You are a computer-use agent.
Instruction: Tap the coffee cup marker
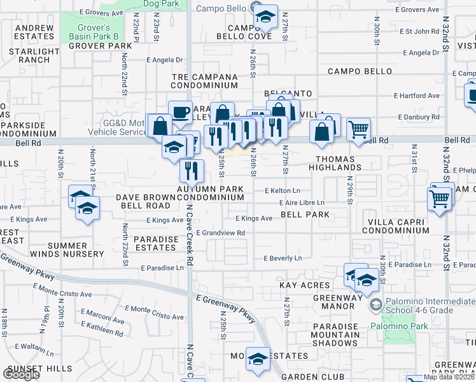coord(180,113)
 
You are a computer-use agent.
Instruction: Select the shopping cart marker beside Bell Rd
coord(359,129)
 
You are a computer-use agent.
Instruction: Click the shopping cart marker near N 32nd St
coord(440,198)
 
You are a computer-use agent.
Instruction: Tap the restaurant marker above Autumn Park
coord(190,170)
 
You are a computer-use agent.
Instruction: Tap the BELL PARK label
coord(305,215)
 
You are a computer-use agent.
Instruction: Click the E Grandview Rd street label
coord(221,233)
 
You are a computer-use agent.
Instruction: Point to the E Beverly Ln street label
coord(283,258)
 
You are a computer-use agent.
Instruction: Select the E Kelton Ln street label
coord(283,190)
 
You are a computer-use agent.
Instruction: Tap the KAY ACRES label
coord(305,286)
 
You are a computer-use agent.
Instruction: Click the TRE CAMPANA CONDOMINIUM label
coord(205,81)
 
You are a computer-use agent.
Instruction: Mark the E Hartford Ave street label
coord(417,95)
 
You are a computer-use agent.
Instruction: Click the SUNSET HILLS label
coord(38,369)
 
